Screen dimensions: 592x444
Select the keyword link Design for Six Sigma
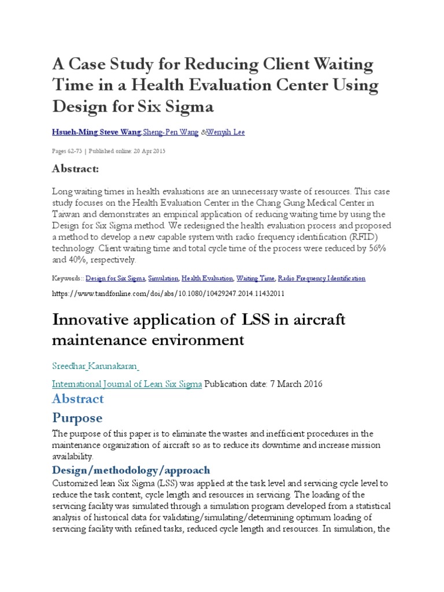coord(115,278)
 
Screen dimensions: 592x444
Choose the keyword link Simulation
coord(163,278)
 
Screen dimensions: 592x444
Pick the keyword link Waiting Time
coord(255,278)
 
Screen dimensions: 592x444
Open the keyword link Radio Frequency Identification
coord(321,278)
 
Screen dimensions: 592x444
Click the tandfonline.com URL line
coord(168,294)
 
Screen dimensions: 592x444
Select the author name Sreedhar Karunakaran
coord(95,366)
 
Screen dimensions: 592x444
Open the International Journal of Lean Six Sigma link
coord(127,383)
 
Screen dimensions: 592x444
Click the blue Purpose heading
coord(77,417)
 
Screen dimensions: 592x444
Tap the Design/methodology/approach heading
coord(131,469)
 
